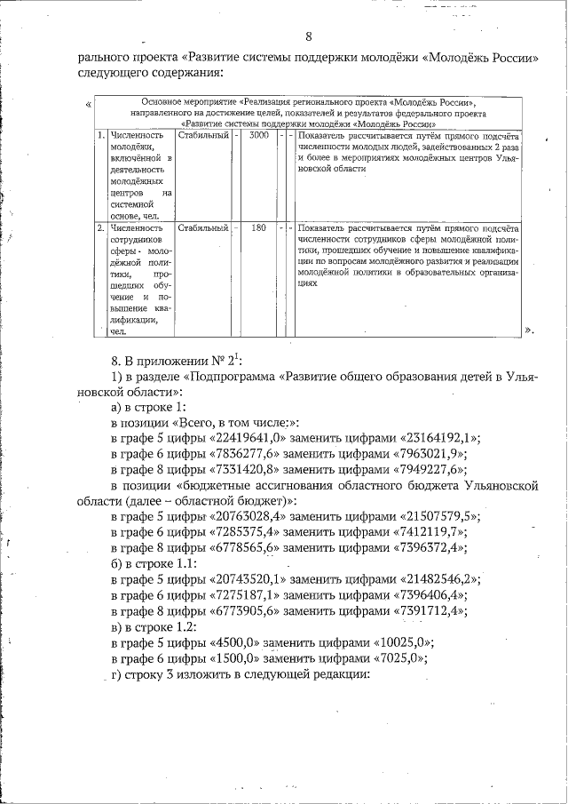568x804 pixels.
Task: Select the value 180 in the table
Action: [x=259, y=227]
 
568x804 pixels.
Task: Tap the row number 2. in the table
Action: [x=101, y=227]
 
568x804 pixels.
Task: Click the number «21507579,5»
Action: [x=441, y=517]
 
